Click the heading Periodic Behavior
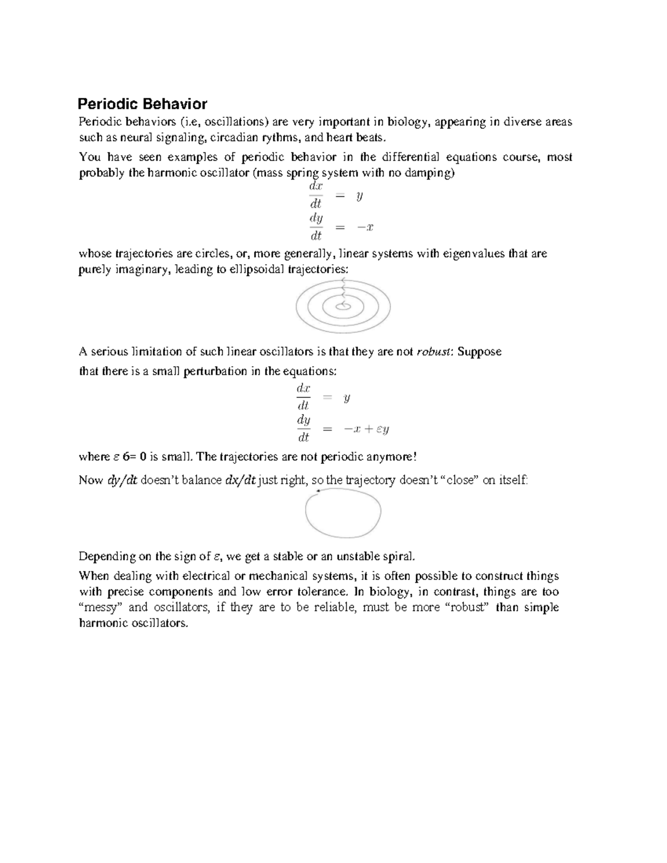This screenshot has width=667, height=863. pos(142,104)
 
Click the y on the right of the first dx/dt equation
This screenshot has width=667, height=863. pos(360,196)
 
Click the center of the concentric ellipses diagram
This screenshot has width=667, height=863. pos(343,306)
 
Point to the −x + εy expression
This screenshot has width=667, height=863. pos(366,429)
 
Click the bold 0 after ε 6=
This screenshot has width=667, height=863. pos(143,457)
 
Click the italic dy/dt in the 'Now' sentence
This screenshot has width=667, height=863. pos(122,480)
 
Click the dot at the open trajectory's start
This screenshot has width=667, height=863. pos(317,491)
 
